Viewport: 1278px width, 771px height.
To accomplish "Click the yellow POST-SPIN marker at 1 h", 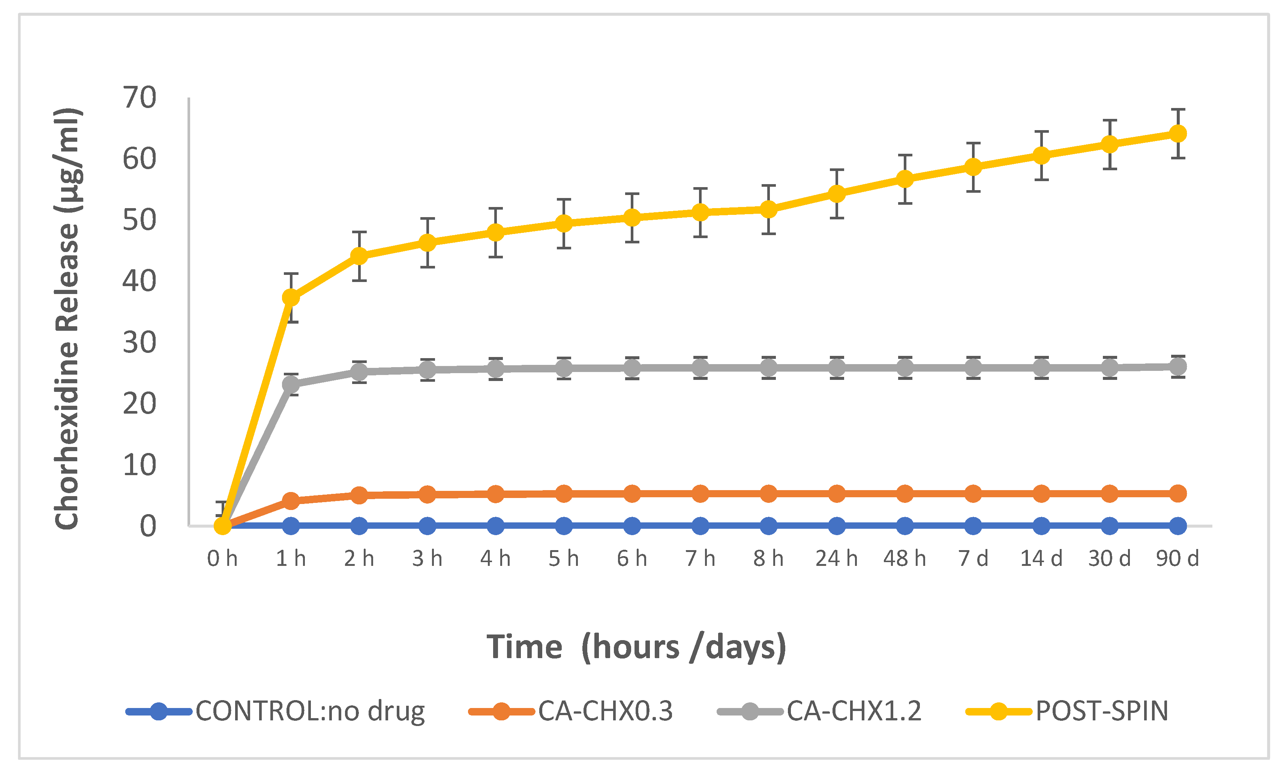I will coord(291,297).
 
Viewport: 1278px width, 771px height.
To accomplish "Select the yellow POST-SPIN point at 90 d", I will coord(1178,133).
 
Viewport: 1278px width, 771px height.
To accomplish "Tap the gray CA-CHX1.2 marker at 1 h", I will coord(291,384).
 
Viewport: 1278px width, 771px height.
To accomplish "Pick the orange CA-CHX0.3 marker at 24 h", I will coord(837,493).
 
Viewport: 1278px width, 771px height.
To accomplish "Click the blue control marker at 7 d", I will coord(973,526).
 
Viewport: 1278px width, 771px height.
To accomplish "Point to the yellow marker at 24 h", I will coord(837,193).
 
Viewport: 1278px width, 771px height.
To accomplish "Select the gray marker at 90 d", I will coord(1178,366).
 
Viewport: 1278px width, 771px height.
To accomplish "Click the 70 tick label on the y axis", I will coord(139,97).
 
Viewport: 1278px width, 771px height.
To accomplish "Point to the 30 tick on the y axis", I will coord(139,342).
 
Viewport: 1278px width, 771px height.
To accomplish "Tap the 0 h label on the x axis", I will coord(222,559).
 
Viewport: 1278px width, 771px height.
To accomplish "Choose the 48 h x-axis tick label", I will coord(904,559).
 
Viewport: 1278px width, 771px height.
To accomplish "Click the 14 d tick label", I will coord(1041,559).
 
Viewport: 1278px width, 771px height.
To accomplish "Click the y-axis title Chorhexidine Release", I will coord(67,319).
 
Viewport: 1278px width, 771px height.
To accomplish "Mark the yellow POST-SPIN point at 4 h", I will coord(495,232).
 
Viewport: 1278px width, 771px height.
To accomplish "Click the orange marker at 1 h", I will coord(291,501).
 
